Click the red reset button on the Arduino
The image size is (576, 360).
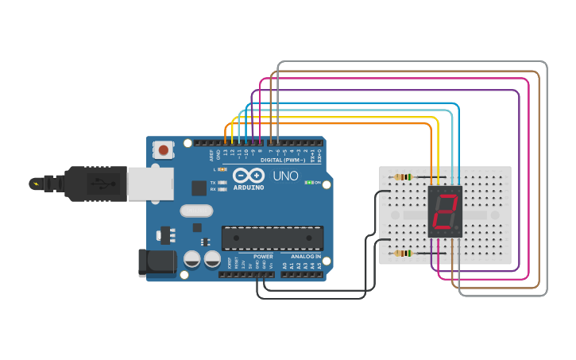(x=164, y=149)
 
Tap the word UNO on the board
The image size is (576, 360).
(x=284, y=176)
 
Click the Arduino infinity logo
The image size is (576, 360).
(x=247, y=176)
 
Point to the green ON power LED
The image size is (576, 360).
(x=308, y=182)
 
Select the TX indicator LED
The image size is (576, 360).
(x=222, y=183)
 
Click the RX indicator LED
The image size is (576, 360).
(x=222, y=190)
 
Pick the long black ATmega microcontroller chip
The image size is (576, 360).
(x=273, y=237)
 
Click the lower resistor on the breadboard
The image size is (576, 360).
(x=403, y=254)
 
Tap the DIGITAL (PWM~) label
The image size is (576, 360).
(x=272, y=160)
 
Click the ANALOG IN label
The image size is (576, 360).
(x=306, y=257)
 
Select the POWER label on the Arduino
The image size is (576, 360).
(x=263, y=257)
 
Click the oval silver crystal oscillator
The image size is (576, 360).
(x=196, y=211)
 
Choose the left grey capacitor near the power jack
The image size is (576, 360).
(x=191, y=258)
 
